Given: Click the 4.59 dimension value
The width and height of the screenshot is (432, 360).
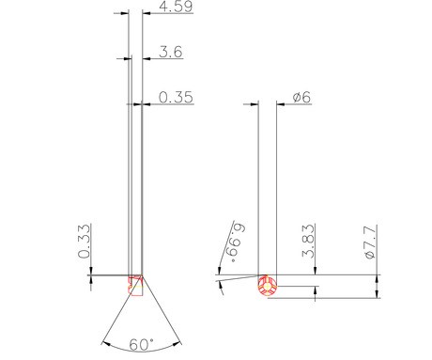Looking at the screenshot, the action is (176, 7).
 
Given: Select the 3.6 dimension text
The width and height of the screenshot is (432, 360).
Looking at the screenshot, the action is (171, 52).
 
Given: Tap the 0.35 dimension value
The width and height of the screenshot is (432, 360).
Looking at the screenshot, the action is (176, 98).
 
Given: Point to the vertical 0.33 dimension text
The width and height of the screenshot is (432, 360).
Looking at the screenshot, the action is (85, 241).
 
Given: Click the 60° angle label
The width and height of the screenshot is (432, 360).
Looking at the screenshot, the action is (142, 345).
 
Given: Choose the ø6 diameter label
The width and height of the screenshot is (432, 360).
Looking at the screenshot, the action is (301, 98).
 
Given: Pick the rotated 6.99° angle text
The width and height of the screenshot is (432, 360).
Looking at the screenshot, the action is (237, 243).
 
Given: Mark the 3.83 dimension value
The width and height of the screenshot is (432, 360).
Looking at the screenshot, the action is (308, 241).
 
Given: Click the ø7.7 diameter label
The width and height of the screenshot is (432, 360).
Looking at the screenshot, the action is (371, 242).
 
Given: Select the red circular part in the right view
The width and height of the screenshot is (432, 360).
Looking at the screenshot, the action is (268, 286).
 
